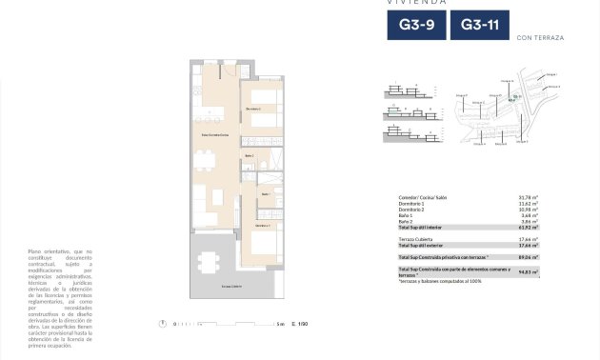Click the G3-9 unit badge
415,26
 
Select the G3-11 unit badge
478,26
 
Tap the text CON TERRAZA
540,37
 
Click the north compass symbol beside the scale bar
165,324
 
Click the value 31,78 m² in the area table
529,197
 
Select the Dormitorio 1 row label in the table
412,203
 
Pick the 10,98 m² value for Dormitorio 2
529,209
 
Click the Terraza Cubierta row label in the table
417,238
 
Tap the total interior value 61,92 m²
529,227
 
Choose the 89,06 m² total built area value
529,256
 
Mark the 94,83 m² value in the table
529,271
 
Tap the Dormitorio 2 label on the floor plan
253,109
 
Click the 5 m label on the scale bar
280,324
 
